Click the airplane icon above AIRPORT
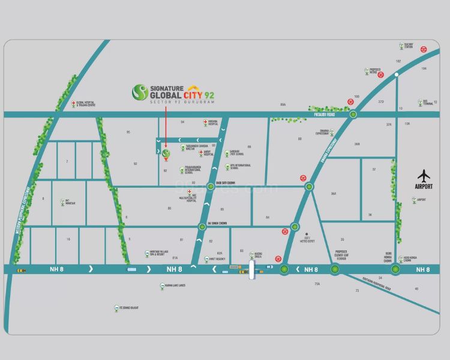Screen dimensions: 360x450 click(x=425, y=176)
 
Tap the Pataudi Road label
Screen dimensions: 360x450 click(x=329, y=110)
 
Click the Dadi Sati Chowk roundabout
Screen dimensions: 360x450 click(x=211, y=187)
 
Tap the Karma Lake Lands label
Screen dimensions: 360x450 click(x=175, y=286)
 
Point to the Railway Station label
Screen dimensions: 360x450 click(x=409, y=47)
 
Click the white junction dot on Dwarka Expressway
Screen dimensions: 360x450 click(x=397, y=75)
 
